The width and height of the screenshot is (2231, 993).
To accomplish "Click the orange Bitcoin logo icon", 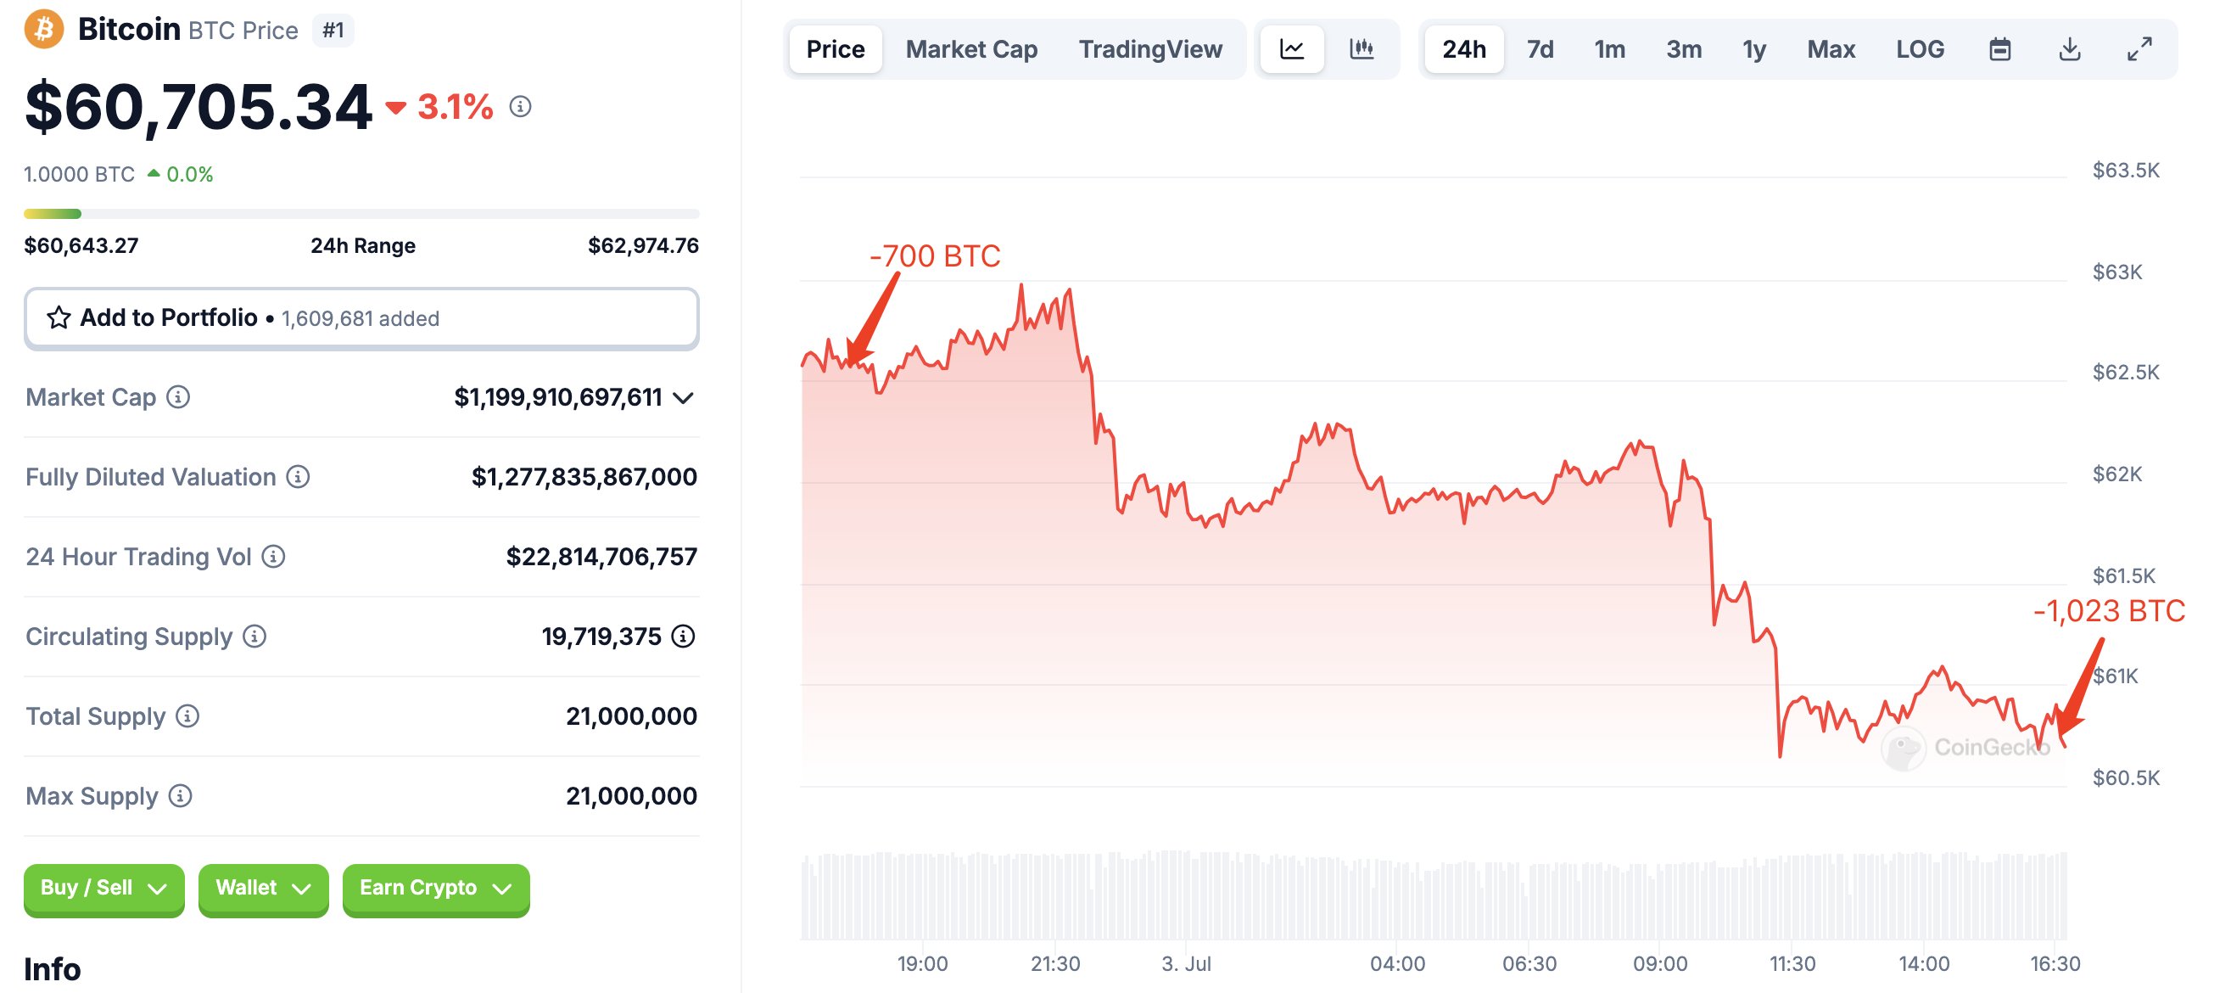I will [43, 30].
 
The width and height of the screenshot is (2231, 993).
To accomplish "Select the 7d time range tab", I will [1540, 49].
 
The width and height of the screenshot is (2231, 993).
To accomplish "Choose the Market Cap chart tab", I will [970, 49].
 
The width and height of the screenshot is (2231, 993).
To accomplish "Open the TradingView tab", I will [1150, 49].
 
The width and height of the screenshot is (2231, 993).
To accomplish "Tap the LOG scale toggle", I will [1920, 49].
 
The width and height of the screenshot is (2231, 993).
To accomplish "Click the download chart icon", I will [2069, 49].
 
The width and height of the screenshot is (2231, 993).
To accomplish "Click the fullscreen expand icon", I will [2139, 49].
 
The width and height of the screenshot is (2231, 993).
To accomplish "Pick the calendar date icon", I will [1999, 49].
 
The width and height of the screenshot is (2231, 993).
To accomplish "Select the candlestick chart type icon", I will [1362, 49].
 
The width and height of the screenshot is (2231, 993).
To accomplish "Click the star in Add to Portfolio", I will [59, 318].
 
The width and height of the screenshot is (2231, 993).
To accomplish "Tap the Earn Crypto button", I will [436, 888].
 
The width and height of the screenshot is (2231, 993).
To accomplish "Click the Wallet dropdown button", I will [262, 888].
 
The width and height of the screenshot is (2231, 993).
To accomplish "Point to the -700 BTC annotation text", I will [935, 256].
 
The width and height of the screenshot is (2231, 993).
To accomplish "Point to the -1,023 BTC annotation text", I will [2109, 611].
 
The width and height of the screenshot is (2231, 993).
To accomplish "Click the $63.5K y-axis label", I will [2125, 170].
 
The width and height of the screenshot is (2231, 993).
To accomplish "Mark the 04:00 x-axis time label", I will [1397, 963].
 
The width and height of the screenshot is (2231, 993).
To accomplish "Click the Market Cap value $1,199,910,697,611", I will [558, 398].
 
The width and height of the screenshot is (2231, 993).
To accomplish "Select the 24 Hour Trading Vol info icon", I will [274, 556].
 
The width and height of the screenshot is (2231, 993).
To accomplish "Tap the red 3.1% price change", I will [455, 108].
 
